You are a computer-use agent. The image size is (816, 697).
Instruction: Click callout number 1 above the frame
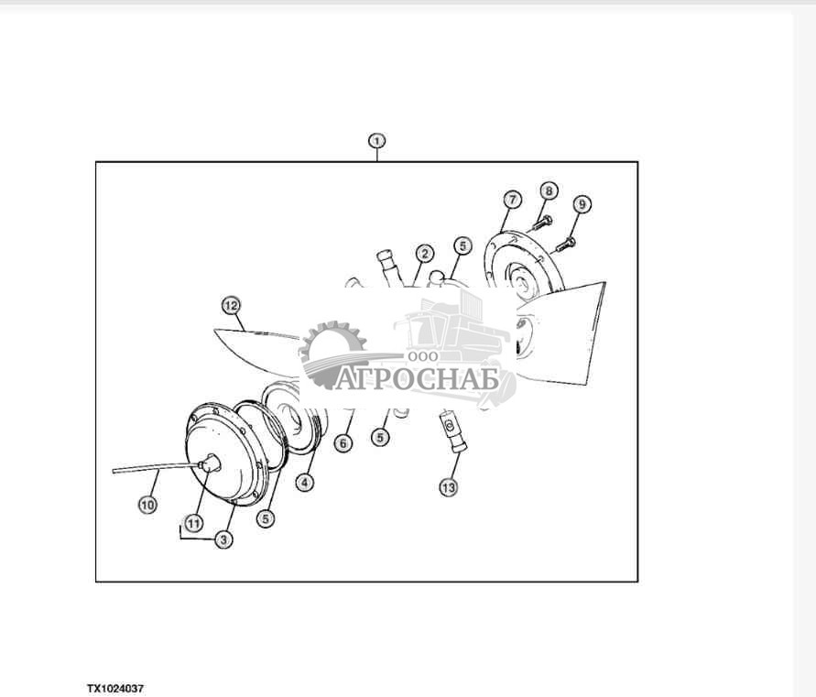point(376,141)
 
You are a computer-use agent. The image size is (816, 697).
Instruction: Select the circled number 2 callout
point(425,254)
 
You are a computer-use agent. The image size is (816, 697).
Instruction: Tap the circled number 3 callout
point(223,539)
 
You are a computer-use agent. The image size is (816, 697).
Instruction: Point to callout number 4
point(304,483)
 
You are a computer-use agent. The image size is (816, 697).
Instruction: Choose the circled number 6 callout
point(343,443)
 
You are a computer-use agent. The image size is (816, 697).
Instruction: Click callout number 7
point(513,200)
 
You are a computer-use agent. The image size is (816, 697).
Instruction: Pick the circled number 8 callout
point(549,191)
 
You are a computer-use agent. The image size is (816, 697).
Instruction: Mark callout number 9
point(582,203)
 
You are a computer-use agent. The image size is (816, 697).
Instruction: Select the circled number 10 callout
point(147,505)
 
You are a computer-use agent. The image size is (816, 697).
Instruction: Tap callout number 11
point(193,523)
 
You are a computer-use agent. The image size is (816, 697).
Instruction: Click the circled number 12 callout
point(231,306)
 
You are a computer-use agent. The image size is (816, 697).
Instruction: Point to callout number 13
point(448,487)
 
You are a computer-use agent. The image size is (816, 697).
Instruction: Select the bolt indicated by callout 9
point(565,245)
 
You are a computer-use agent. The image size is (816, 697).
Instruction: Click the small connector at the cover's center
point(210,463)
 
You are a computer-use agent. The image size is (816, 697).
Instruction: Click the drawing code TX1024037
point(115,689)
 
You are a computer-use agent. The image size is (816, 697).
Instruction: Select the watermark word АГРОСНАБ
point(417,379)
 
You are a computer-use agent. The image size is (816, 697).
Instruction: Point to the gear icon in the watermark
point(332,354)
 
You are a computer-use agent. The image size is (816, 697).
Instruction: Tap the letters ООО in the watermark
point(423,356)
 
